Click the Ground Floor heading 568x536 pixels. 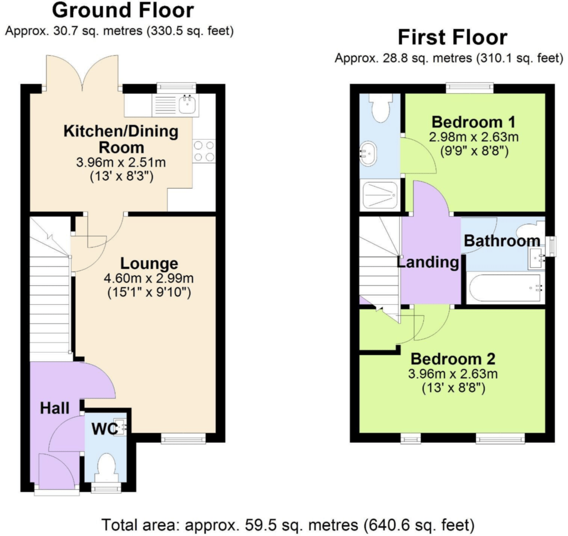pyautogui.click(x=123, y=10)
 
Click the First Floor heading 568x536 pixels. pyautogui.click(x=453, y=37)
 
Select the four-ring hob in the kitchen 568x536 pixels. pyautogui.click(x=204, y=151)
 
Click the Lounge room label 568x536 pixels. pyautogui.click(x=149, y=264)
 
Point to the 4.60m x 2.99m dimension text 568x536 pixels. pyautogui.click(x=149, y=279)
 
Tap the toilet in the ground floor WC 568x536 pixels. pyautogui.click(x=106, y=468)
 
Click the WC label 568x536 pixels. pyautogui.click(x=105, y=429)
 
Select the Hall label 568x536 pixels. pyautogui.click(x=55, y=408)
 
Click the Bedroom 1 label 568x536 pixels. pyautogui.click(x=474, y=122)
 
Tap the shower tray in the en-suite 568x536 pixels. pyautogui.click(x=380, y=196)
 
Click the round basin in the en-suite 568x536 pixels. pyautogui.click(x=369, y=153)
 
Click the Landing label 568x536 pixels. pyautogui.click(x=428, y=262)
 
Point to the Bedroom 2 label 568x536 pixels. pyautogui.click(x=453, y=359)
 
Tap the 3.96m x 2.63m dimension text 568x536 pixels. pyautogui.click(x=453, y=373)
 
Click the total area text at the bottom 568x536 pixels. pyautogui.click(x=288, y=525)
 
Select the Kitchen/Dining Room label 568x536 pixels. pyautogui.click(x=121, y=139)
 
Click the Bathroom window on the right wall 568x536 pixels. pyautogui.click(x=551, y=246)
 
